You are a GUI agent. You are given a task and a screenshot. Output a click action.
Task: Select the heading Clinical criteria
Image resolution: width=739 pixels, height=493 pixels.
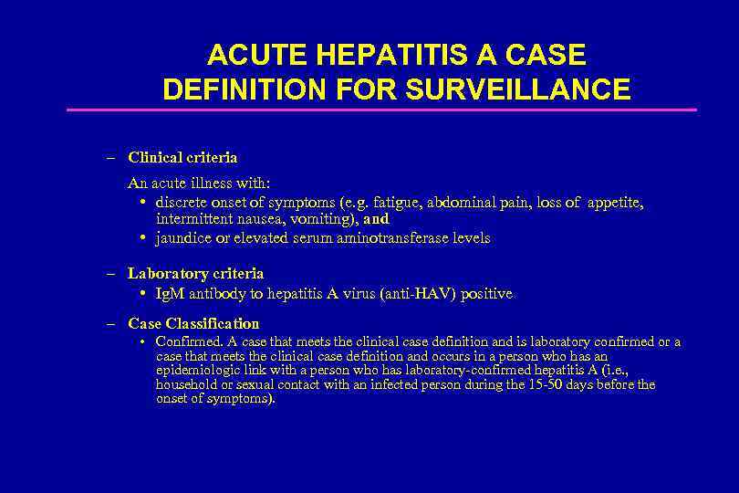click(x=182, y=158)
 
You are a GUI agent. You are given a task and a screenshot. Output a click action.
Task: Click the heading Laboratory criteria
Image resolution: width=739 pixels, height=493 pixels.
click(x=195, y=273)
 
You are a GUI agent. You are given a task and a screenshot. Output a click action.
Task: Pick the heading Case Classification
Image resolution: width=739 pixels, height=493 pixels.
click(x=193, y=323)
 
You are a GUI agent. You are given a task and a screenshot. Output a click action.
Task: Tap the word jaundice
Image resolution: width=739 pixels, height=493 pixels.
click(x=182, y=237)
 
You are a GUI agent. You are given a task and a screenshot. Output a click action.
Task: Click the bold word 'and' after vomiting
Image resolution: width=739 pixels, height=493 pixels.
click(x=376, y=219)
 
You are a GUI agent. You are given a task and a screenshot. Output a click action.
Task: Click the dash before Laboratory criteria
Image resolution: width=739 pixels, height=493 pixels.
click(x=109, y=273)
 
